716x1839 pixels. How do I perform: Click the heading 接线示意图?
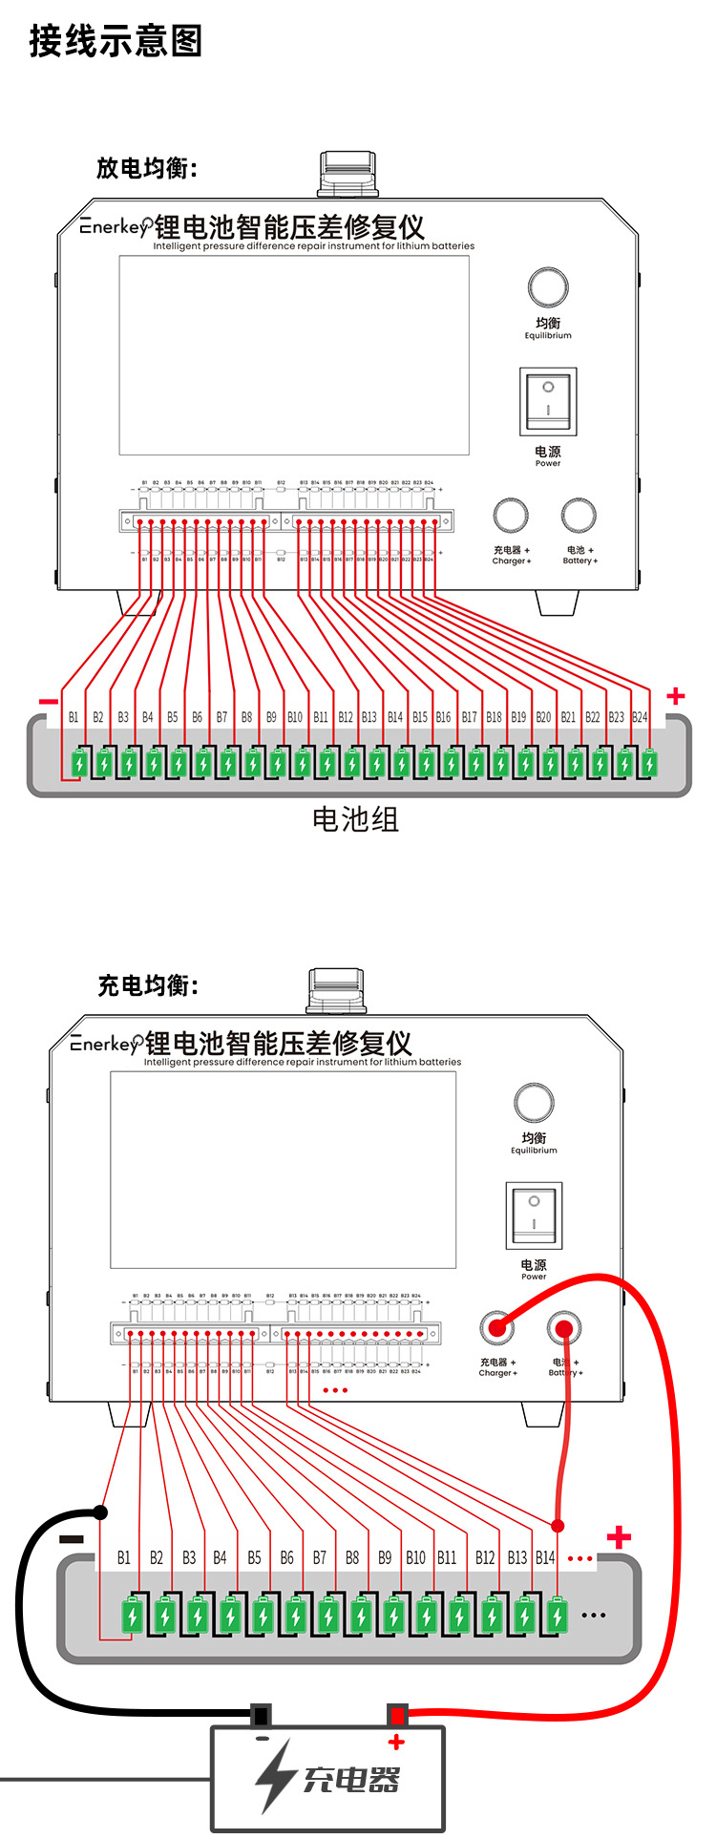tap(116, 41)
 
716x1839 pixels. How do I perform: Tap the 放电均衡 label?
tap(146, 168)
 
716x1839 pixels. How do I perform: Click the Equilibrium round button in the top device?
tap(548, 287)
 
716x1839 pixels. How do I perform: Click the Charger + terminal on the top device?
tap(511, 515)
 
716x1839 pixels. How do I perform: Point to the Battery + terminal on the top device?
tap(579, 515)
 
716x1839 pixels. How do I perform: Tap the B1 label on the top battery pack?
tap(74, 717)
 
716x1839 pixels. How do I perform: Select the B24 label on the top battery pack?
tap(640, 717)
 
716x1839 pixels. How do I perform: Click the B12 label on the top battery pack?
tap(345, 717)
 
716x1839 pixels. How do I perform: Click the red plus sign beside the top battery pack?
tap(676, 696)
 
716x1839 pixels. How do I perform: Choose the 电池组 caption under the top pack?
tap(355, 819)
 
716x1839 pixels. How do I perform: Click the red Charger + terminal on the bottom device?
tap(495, 1326)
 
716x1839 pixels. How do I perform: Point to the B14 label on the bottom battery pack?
tap(545, 1557)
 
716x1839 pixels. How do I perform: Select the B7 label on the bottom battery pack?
tap(320, 1557)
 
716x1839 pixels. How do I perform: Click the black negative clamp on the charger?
tap(260, 1716)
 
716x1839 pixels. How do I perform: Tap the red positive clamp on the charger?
tap(397, 1716)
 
